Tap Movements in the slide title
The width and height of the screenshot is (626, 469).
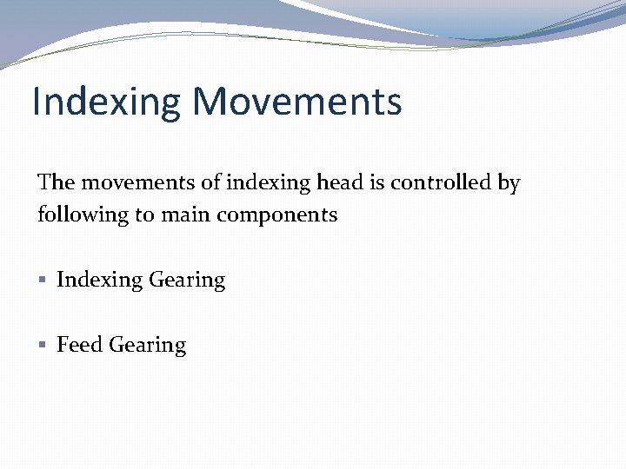click(297, 102)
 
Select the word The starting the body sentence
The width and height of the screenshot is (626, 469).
click(57, 182)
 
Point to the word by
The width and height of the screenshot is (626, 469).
click(509, 183)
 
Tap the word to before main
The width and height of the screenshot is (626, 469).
click(142, 215)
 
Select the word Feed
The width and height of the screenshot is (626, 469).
click(79, 345)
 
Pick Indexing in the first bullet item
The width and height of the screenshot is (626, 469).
click(99, 280)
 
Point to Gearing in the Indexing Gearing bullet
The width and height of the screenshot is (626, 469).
click(187, 281)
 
